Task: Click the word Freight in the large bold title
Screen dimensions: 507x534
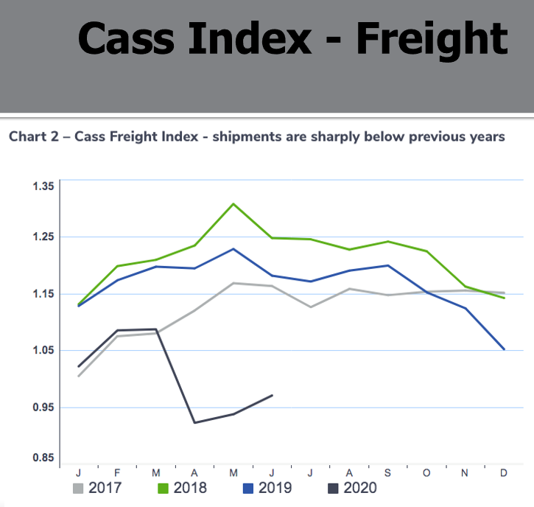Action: pyautogui.click(x=432, y=38)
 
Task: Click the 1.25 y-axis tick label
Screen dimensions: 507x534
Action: pyautogui.click(x=43, y=237)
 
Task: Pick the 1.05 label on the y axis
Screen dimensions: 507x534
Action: pyautogui.click(x=43, y=351)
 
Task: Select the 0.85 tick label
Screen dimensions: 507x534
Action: pyautogui.click(x=43, y=458)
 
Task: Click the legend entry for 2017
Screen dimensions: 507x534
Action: pyautogui.click(x=97, y=488)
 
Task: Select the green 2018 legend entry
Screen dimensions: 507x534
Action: pyautogui.click(x=182, y=488)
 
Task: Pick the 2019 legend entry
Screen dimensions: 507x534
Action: pyautogui.click(x=267, y=488)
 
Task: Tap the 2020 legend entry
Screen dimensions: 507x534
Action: pyautogui.click(x=351, y=488)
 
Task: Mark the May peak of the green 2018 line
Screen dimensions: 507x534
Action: pyautogui.click(x=233, y=203)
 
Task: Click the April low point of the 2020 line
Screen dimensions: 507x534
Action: pyautogui.click(x=194, y=422)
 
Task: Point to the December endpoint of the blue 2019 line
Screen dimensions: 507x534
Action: pyautogui.click(x=504, y=349)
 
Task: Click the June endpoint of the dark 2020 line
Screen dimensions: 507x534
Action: pyautogui.click(x=273, y=396)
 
